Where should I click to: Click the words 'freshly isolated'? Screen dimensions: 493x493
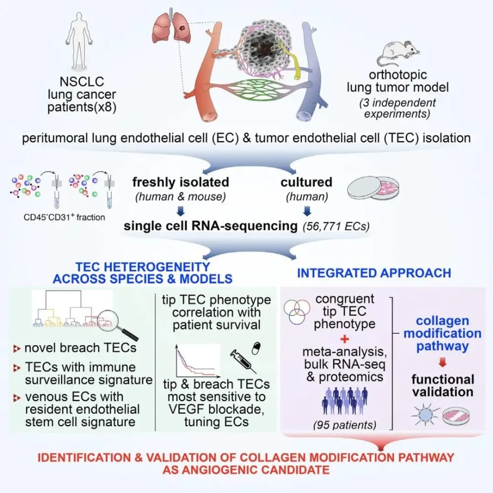tap(180, 182)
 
